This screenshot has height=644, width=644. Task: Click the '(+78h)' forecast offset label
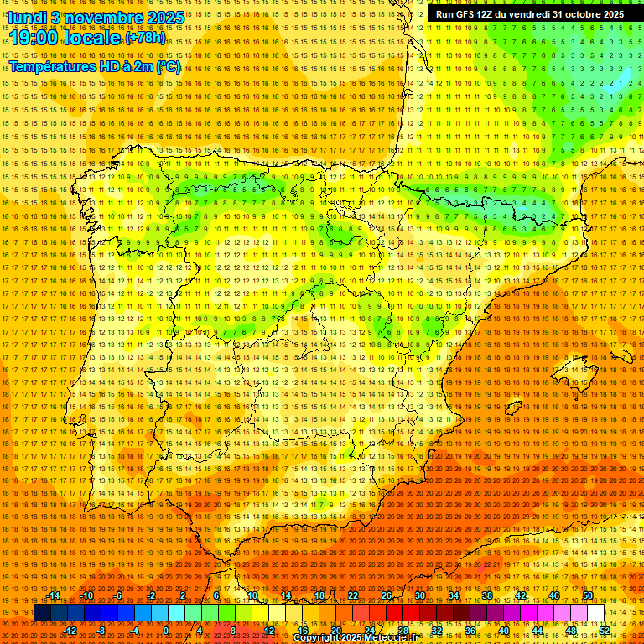coord(145,38)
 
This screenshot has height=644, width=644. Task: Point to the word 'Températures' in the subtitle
coord(50,67)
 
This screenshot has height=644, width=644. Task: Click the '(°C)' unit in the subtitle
coord(169,67)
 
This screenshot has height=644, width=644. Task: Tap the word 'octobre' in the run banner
coord(579,14)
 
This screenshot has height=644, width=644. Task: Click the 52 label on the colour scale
coord(605,631)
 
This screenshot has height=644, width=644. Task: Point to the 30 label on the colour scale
coord(420,595)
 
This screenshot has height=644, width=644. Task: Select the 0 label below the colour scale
coord(166,631)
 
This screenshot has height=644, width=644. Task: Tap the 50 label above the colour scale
coord(588,595)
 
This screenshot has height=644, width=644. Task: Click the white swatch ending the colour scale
coord(596,613)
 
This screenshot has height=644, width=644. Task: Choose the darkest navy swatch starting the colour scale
coord(42,613)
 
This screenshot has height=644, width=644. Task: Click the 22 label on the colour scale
coord(353,595)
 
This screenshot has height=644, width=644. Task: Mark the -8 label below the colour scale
coord(101,631)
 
